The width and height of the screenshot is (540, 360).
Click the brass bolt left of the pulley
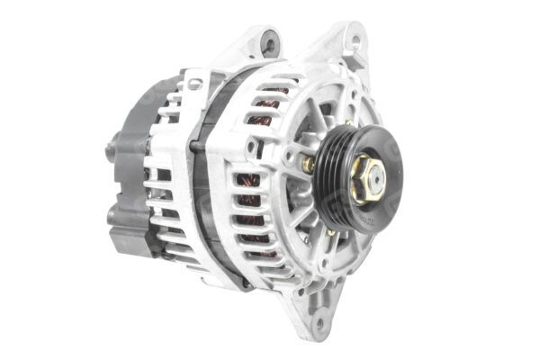308,165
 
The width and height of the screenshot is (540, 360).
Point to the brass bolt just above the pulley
347,122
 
